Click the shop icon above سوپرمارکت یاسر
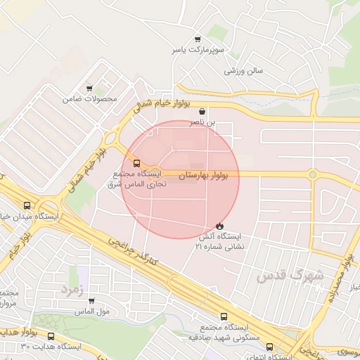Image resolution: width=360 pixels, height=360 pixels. point(198,39)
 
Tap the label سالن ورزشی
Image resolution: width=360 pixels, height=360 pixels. point(243,71)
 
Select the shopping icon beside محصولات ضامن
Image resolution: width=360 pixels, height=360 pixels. point(89,89)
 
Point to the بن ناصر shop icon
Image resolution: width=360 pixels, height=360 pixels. point(203,111)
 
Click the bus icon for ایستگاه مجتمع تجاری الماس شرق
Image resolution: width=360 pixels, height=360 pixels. point(136,163)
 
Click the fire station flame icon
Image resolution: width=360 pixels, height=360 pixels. point(220,226)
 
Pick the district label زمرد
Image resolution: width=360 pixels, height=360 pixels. point(72,288)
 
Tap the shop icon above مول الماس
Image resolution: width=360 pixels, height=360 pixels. point(91,301)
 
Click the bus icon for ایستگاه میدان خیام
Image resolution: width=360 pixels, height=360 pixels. point(27,206)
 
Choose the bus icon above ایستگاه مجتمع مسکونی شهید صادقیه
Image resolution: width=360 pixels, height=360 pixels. point(224,316)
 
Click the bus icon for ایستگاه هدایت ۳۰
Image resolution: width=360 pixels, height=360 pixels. point(51,336)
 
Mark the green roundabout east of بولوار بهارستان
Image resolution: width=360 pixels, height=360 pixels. point(312,174)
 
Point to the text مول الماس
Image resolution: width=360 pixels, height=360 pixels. point(92,311)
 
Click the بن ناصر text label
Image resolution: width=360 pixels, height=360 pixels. point(203,122)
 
